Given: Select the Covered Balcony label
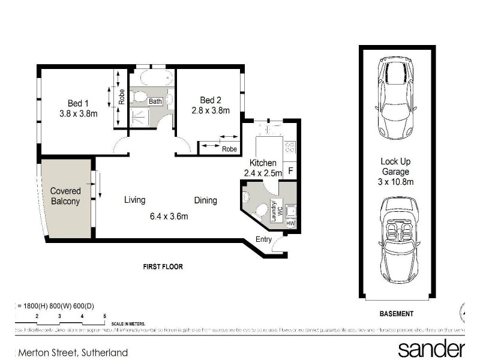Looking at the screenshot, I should pyautogui.click(x=65, y=196).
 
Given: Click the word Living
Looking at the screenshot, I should pyautogui.click(x=135, y=200).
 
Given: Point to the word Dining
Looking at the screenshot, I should pyautogui.click(x=205, y=200).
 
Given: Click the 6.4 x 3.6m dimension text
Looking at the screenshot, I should pyautogui.click(x=170, y=216).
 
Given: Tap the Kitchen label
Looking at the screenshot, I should pyautogui.click(x=263, y=163).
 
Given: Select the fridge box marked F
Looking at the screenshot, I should pyautogui.click(x=290, y=170).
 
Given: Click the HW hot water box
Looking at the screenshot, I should pyautogui.click(x=291, y=223).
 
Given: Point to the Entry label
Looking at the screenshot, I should pyautogui.click(x=263, y=239).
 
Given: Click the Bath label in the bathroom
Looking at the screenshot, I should pyautogui.click(x=155, y=101).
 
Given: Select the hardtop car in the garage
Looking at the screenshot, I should pyautogui.click(x=395, y=98).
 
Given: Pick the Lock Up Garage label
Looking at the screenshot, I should pyautogui.click(x=395, y=171).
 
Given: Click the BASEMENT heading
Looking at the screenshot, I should pyautogui.click(x=397, y=313).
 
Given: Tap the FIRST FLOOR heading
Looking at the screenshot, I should pyautogui.click(x=163, y=266).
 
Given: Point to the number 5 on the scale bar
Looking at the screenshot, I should pyautogui.click(x=104, y=316).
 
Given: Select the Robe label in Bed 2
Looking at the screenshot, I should pyautogui.click(x=229, y=149).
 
